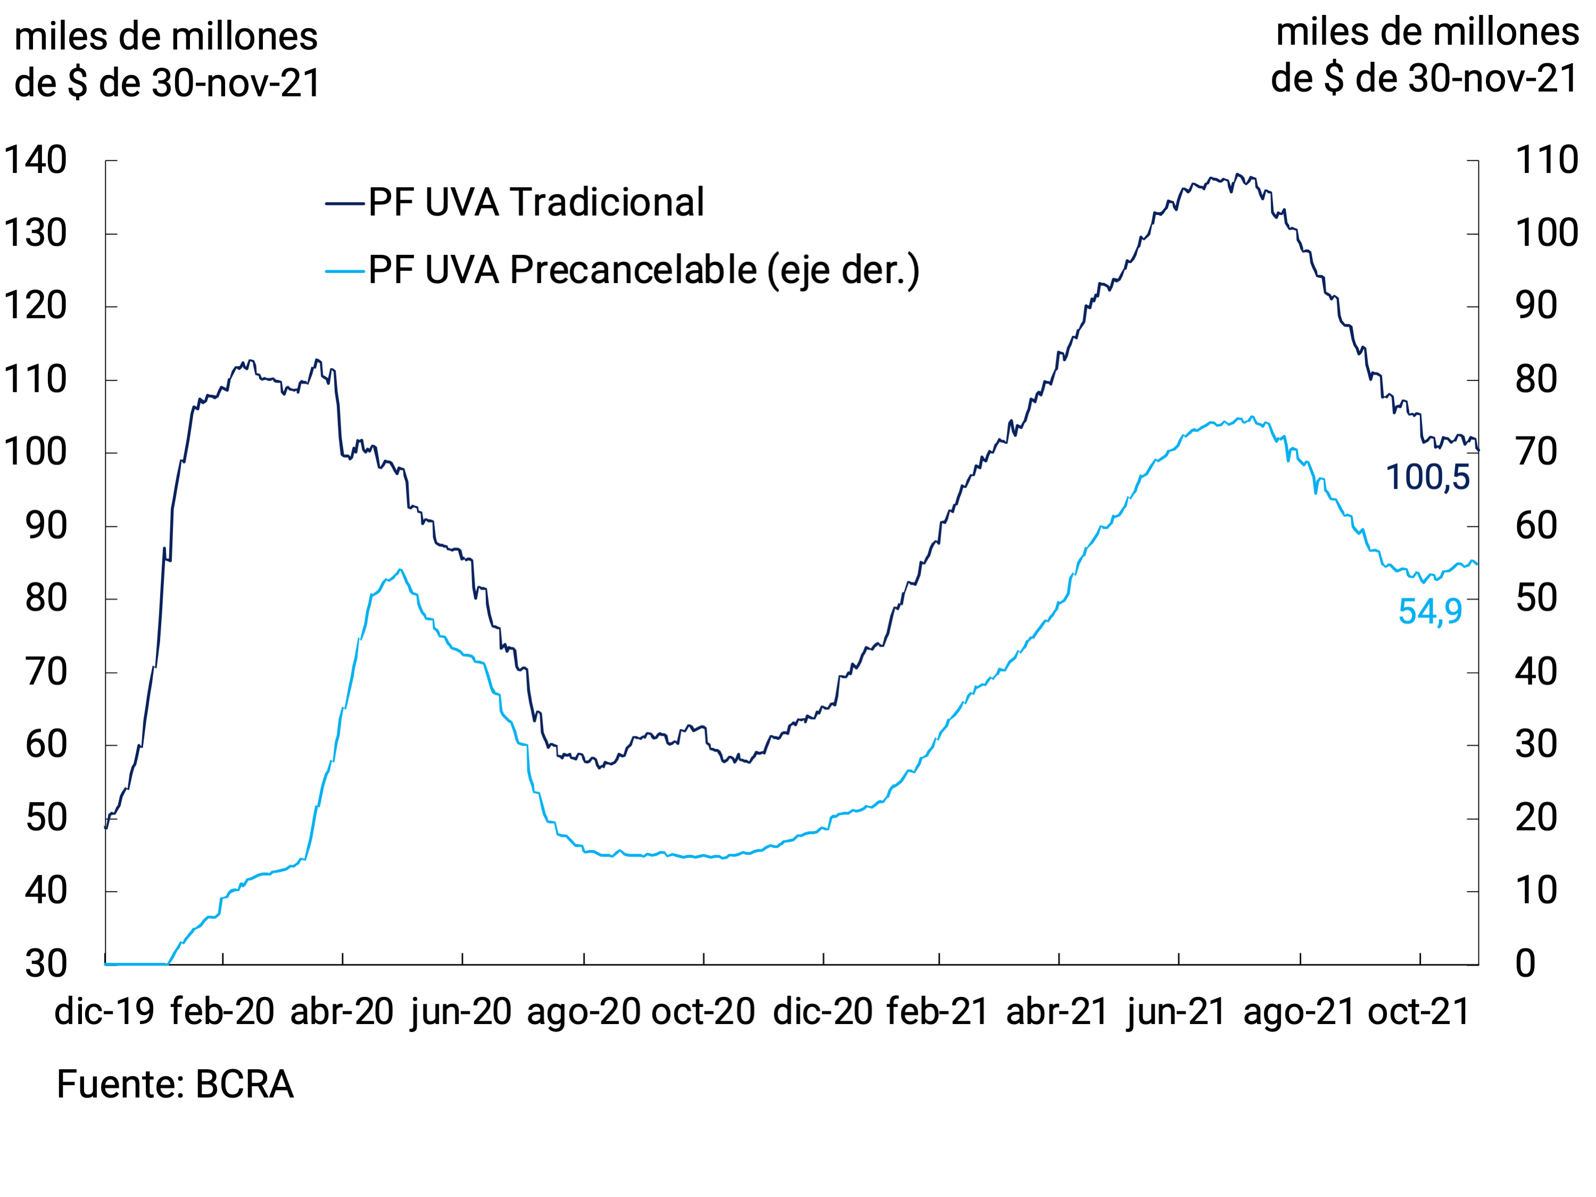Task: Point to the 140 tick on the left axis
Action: pos(35,160)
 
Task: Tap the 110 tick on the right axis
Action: pos(1546,160)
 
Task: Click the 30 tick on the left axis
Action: pos(46,964)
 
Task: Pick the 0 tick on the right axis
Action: pos(1525,964)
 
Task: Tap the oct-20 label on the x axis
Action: pos(703,1012)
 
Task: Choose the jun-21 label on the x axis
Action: pos(1176,1012)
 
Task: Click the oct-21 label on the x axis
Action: pos(1418,1012)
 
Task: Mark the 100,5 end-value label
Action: pos(1427,477)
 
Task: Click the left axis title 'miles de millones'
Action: pos(166,36)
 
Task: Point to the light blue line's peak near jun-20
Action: pos(400,570)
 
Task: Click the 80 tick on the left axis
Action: pos(46,599)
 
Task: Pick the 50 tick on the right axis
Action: pos(1536,599)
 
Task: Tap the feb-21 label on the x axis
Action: pos(937,1012)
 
